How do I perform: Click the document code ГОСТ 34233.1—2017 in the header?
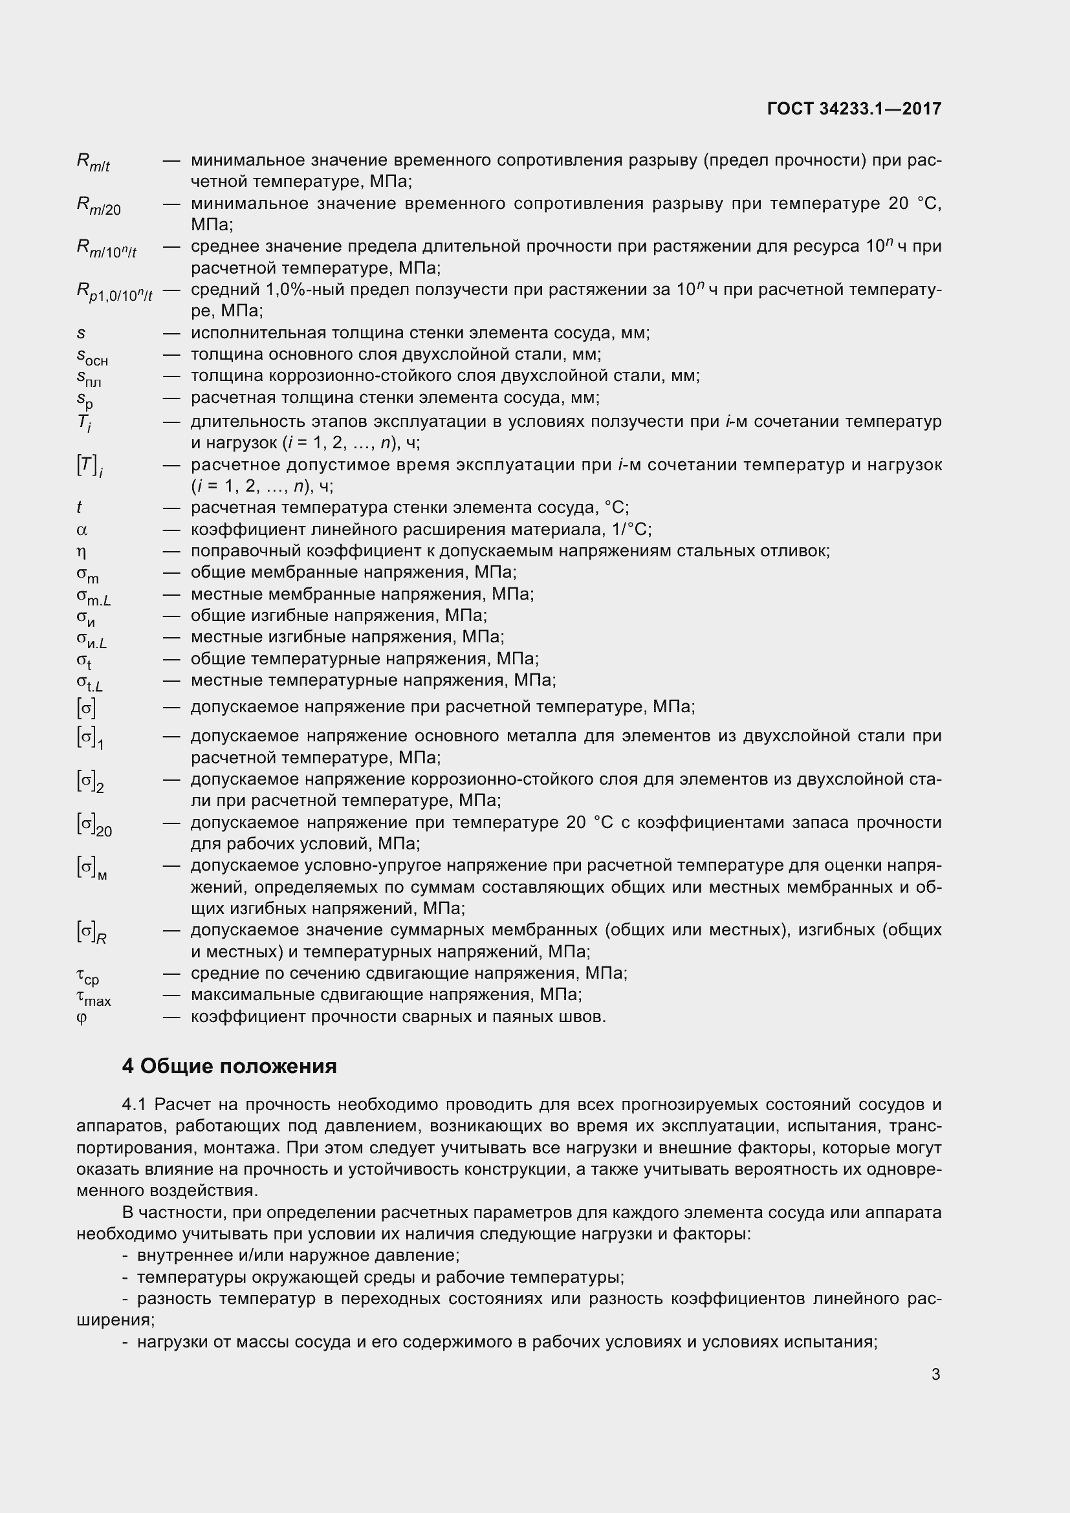pos(854,109)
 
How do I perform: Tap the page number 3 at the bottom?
pos(935,1374)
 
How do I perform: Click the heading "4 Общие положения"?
pos(229,1065)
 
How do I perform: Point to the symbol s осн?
pos(93,356)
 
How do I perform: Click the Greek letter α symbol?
pos(82,530)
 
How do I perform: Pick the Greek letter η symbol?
pos(82,552)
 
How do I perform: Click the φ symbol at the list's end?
pos(82,1017)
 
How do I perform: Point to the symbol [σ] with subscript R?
pos(92,933)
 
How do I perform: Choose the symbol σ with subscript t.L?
pos(91,682)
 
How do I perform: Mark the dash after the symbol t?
pos(171,508)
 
